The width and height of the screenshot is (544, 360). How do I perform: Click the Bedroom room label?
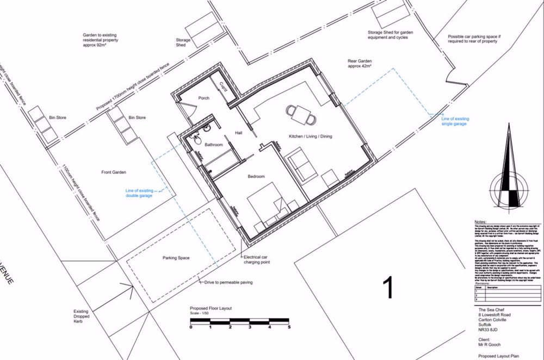click(256, 177)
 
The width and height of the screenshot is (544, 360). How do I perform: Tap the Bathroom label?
click(214, 145)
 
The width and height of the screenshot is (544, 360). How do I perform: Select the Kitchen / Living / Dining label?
click(311, 136)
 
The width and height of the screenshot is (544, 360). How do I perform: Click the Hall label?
click(238, 133)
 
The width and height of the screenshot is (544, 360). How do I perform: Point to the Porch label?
click(204, 98)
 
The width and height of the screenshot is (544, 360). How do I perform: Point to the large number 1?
click(388, 288)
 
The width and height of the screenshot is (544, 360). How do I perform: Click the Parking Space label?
click(176, 258)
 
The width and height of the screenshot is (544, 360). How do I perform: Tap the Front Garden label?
click(114, 172)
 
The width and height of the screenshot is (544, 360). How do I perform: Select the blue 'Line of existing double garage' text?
click(139, 193)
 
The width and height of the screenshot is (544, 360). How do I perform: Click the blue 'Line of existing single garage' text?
click(454, 121)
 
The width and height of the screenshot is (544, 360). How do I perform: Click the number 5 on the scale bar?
click(289, 327)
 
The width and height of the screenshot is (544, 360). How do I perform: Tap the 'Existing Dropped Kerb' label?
click(81, 316)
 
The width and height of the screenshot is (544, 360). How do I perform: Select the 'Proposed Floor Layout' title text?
click(211, 308)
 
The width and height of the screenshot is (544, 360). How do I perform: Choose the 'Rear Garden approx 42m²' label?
click(363, 63)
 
